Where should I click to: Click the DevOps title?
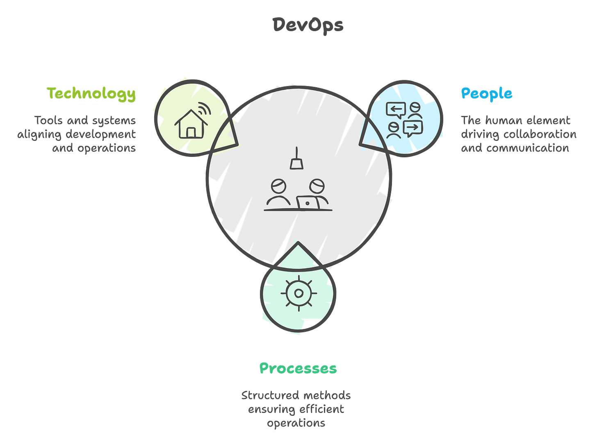308,25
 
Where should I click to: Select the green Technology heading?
91,93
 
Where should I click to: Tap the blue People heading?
486,93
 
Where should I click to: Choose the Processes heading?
298,368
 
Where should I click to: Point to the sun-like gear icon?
298,293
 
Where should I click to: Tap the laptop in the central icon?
308,202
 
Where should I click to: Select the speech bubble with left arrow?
396,109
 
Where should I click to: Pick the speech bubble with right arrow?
412,128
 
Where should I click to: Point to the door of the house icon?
191,132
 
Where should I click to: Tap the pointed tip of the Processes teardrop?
298,244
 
